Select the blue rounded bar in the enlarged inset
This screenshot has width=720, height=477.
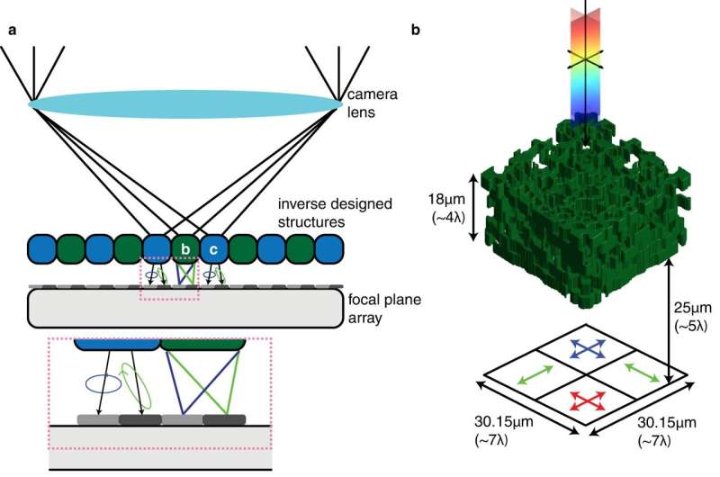(116, 344)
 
